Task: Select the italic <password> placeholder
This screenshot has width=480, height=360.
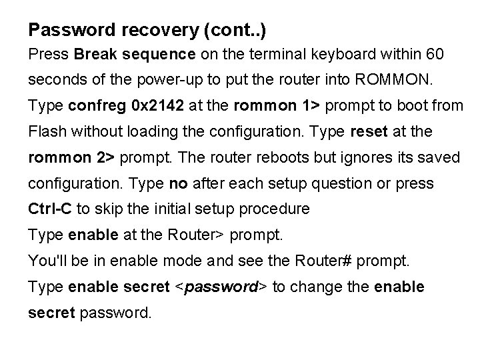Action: tap(221, 287)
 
